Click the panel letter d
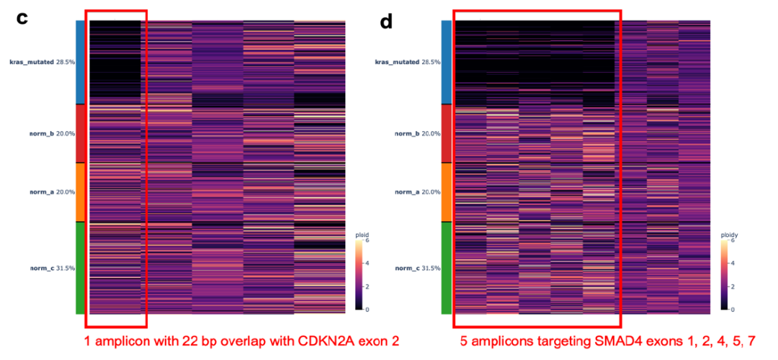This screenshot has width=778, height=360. (x=386, y=22)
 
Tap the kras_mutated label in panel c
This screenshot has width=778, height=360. (x=42, y=62)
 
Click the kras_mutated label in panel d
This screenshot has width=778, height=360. (x=407, y=62)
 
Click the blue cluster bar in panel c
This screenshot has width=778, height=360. (x=80, y=62)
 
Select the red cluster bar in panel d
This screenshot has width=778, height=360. (x=446, y=134)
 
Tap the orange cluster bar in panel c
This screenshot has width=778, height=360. (x=80, y=192)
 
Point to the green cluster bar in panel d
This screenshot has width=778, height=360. (x=446, y=269)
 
